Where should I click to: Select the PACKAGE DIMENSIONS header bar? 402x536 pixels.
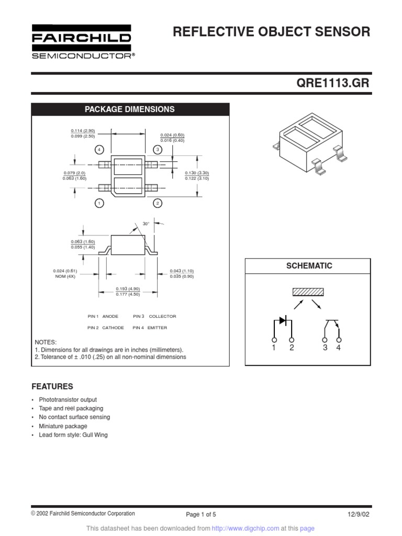130,109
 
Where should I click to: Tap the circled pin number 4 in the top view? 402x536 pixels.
99,150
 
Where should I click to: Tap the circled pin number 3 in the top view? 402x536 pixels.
157,150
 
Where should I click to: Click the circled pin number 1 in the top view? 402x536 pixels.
99,203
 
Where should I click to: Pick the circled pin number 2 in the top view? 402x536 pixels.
157,203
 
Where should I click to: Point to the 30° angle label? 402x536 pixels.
146,224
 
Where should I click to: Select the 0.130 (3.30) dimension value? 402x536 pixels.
197,172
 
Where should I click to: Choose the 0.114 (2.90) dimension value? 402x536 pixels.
83,130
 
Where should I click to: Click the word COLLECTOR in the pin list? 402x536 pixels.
162,316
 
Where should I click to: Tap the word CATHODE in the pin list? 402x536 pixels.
113,328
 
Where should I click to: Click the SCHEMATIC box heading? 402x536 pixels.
309,266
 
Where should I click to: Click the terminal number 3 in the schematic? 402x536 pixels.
325,348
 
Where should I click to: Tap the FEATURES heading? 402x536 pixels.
52,387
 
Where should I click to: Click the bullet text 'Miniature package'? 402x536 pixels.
63,426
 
